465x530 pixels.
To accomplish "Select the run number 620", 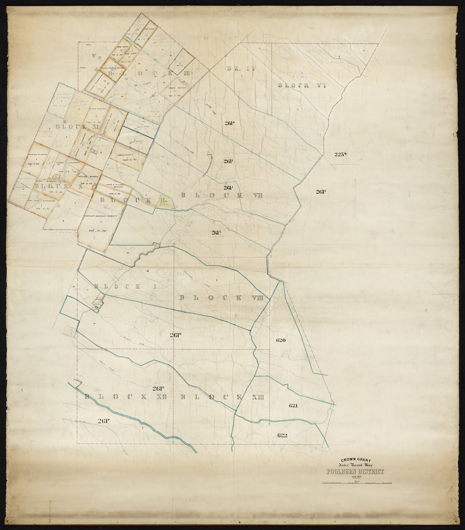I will tap(281, 340).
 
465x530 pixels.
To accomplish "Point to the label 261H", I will tap(230, 123).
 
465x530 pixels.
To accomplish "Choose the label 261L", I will tap(217, 232).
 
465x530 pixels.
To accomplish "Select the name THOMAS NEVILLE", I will tap(176, 88).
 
